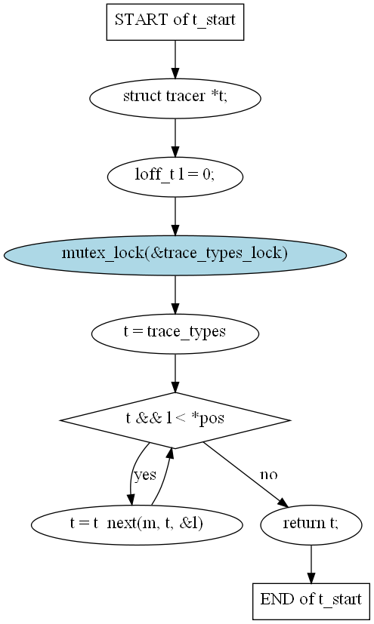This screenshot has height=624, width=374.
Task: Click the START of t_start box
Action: (x=175, y=22)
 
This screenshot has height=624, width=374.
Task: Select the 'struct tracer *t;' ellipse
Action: (x=175, y=98)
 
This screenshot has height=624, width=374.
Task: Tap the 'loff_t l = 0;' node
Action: (x=175, y=177)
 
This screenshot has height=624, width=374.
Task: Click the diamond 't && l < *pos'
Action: (x=175, y=420)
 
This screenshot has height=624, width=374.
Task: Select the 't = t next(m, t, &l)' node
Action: (x=137, y=525)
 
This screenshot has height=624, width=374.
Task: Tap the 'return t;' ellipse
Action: (x=311, y=525)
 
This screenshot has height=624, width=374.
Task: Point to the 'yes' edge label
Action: (x=145, y=475)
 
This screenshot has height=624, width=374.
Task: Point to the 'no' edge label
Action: (x=269, y=475)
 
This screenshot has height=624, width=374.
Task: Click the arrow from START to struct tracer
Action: (x=175, y=60)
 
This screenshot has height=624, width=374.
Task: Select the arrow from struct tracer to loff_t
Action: (x=175, y=137)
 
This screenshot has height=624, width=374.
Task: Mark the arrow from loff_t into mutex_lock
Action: (x=175, y=216)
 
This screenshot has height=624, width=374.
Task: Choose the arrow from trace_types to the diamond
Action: (x=175, y=373)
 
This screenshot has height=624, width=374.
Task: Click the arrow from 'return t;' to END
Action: (x=311, y=564)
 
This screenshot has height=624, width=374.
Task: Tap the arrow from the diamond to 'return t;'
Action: (x=246, y=475)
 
